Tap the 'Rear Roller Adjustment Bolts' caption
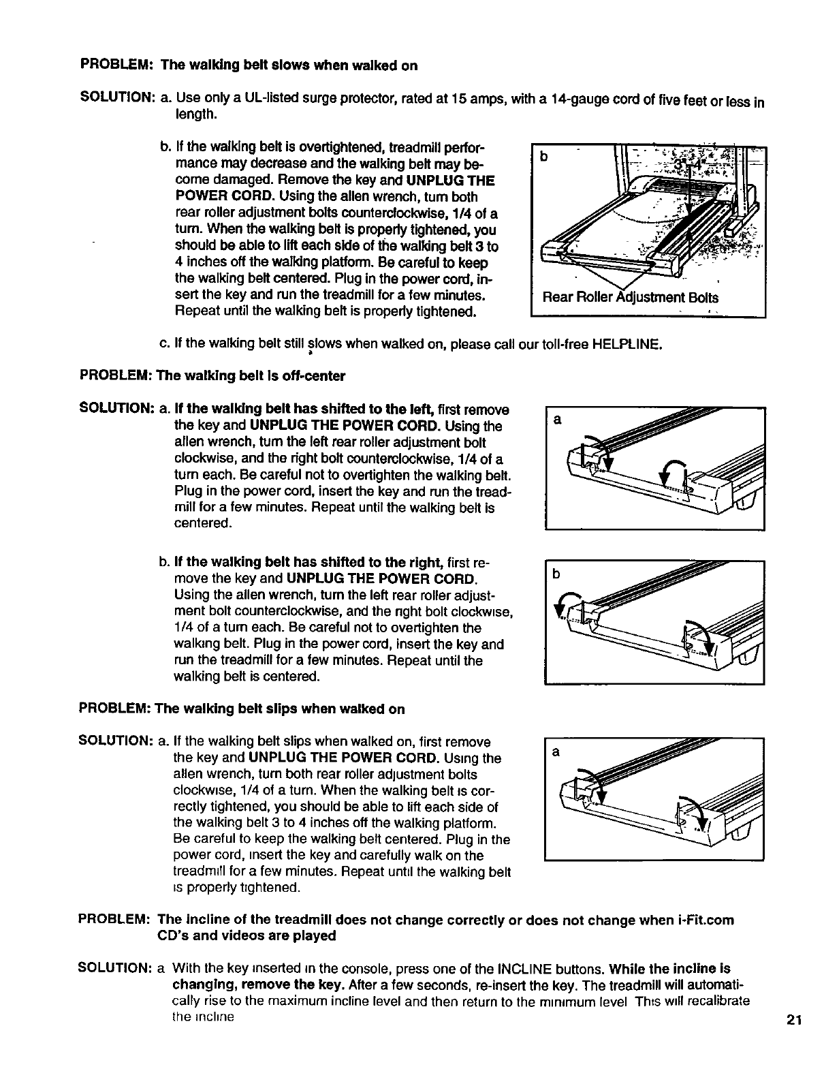(x=629, y=298)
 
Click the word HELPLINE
(x=627, y=344)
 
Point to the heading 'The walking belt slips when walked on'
(x=280, y=709)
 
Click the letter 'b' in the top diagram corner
(x=543, y=157)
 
